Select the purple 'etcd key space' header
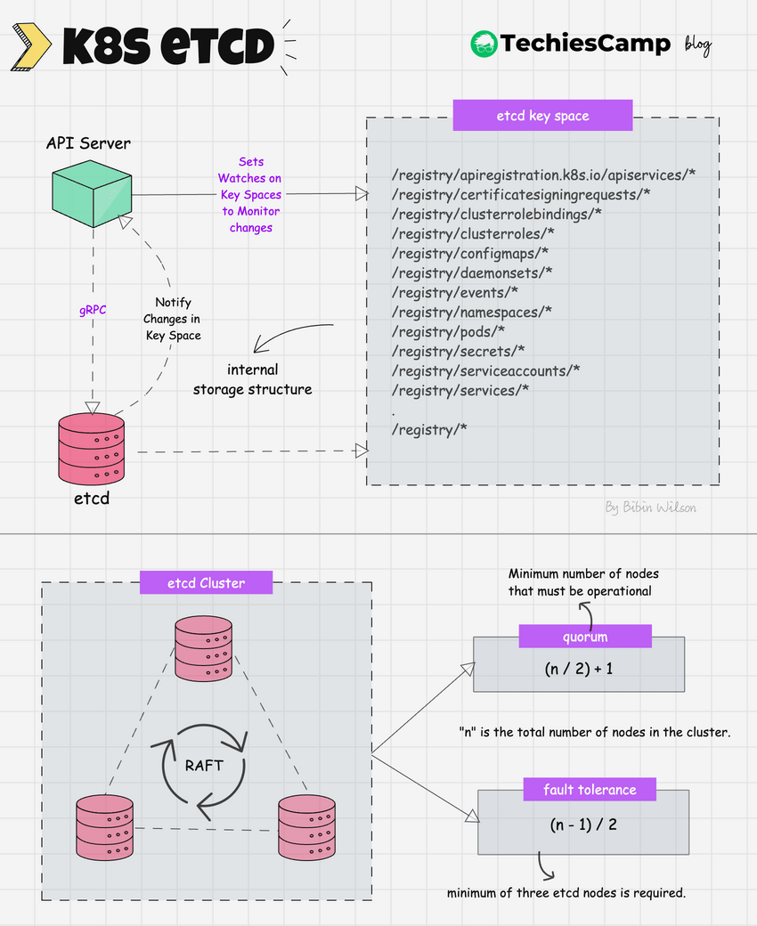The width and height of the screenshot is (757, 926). (542, 116)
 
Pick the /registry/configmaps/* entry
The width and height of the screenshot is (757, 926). (469, 254)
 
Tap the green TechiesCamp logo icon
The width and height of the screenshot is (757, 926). (483, 44)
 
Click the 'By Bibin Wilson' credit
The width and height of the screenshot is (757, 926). (650, 508)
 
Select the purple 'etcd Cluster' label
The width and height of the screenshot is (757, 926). (206, 584)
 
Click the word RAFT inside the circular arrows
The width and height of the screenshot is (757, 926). (204, 765)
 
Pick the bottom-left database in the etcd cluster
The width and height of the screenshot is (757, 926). (104, 827)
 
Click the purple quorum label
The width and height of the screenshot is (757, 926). (585, 637)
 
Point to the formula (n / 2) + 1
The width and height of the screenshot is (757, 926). (579, 668)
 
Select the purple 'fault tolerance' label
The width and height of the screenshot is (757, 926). (590, 790)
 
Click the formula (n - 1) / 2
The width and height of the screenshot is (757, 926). (583, 824)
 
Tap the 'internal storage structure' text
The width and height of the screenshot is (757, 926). (252, 378)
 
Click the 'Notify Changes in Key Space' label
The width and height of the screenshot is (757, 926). (173, 319)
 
